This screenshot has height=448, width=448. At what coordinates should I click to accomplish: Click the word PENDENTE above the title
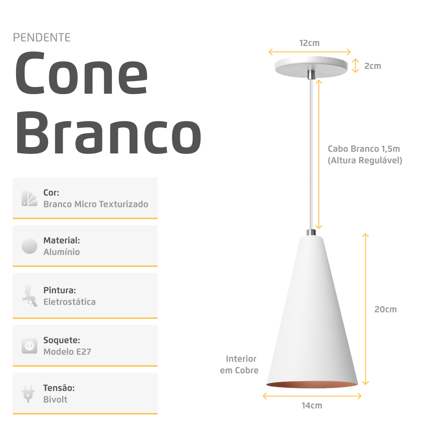tap(42, 38)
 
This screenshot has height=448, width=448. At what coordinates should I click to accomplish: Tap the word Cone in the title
tap(81, 74)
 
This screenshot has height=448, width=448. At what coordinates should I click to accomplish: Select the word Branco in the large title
tap(108, 133)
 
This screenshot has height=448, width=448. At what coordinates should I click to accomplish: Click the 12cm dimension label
tap(309, 43)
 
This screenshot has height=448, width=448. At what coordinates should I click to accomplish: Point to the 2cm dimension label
tap(373, 66)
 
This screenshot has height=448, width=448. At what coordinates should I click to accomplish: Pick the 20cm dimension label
tap(385, 309)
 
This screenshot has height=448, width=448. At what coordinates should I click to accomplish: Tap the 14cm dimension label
tap(312, 405)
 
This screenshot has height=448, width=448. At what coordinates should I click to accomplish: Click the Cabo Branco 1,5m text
tap(364, 149)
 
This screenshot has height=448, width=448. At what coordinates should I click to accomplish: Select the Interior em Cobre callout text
tap(240, 364)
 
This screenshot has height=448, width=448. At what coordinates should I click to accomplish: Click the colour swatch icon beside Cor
tap(29, 198)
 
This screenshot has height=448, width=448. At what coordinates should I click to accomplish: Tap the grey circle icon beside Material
tap(29, 246)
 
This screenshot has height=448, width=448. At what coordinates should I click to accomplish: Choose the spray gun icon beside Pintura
tap(29, 296)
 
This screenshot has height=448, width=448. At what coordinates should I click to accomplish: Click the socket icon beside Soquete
tap(29, 346)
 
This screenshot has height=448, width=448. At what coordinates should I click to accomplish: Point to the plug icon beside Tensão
tap(28, 393)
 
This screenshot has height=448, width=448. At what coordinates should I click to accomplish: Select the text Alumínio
tap(62, 252)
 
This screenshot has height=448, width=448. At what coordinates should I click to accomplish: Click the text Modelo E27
tap(67, 352)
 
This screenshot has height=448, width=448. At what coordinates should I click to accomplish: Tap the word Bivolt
tap(55, 399)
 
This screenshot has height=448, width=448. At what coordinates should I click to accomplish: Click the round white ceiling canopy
tap(311, 66)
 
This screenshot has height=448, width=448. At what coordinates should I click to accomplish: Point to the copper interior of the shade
tap(312, 385)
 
